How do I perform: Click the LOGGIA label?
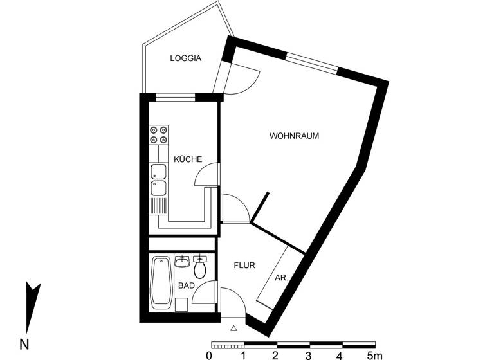185,59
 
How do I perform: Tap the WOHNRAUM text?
294,136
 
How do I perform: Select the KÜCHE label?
188,159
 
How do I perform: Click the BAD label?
186,285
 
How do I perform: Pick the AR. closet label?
280,278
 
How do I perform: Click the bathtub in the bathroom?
161,282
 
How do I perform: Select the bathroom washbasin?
181,262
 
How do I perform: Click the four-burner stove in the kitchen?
158,134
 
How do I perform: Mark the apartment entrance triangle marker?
233,328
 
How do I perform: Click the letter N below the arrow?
24,344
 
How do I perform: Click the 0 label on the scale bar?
210,355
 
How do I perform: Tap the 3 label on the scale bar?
309,355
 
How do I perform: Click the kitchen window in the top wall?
175,98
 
